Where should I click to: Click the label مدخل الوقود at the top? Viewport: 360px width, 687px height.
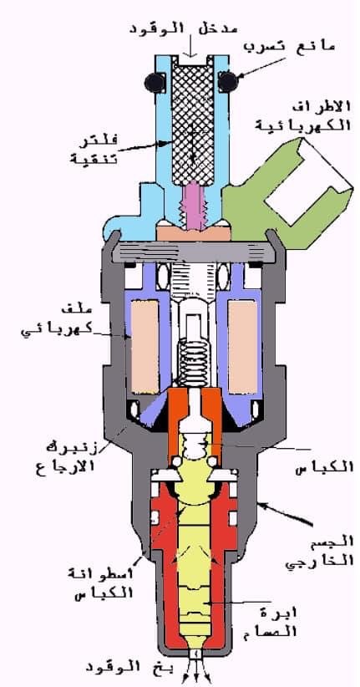(x=184, y=28)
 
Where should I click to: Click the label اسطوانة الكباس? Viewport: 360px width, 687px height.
(x=100, y=583)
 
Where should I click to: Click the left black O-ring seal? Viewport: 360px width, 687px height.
(x=154, y=82)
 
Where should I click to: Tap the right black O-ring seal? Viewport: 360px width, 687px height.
(x=228, y=82)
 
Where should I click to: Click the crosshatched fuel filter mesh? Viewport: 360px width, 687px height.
(x=192, y=120)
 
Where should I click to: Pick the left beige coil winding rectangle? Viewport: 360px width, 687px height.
(x=145, y=347)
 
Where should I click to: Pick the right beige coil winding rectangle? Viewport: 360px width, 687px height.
(x=242, y=347)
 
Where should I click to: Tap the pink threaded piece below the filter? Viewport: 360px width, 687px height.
(x=192, y=206)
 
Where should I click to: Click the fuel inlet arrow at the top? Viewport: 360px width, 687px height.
(x=191, y=46)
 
